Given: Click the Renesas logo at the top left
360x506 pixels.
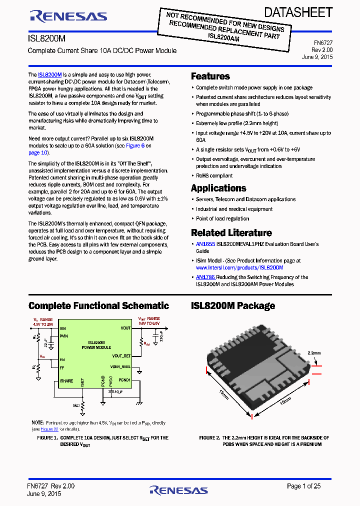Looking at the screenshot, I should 68,16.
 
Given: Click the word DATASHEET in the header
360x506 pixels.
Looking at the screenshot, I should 298,12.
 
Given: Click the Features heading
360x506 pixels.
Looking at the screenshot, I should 210,76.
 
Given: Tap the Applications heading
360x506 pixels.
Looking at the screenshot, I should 218,188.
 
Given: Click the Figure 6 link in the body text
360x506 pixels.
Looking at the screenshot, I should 135,145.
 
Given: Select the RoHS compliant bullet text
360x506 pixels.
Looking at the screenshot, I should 214,175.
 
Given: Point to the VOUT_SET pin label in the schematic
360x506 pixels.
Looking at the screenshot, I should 121,355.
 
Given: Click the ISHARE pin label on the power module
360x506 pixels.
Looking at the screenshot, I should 66,381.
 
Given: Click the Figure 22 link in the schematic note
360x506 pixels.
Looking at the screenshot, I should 49,429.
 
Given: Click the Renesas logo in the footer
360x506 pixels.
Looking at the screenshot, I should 178,490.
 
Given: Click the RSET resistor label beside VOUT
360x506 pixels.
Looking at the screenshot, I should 146,344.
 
